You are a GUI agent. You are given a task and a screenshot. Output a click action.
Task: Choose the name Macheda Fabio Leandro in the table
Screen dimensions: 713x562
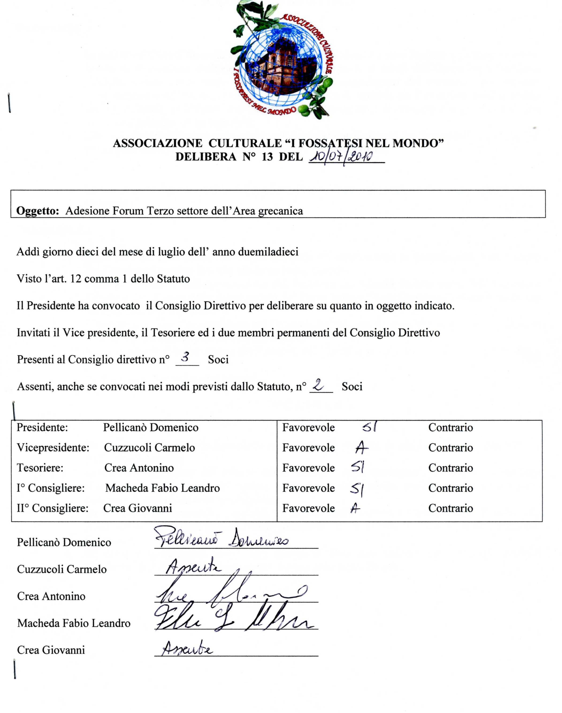coord(163,488)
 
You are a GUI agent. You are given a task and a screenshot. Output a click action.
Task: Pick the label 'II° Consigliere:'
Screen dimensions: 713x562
coord(53,508)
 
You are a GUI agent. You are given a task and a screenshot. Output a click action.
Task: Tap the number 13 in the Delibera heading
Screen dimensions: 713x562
coord(267,157)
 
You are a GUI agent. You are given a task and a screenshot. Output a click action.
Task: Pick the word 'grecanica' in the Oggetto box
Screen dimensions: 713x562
coord(280,211)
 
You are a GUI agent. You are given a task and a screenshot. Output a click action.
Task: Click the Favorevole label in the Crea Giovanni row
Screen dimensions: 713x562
coord(308,508)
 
